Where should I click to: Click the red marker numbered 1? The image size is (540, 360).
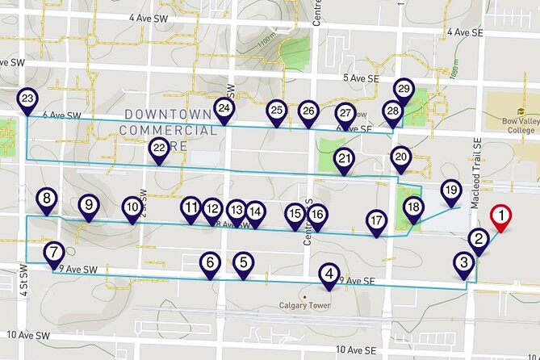[x=501, y=216]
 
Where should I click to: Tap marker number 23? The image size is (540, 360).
[x=27, y=99]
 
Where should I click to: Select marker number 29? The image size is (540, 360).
[x=404, y=88]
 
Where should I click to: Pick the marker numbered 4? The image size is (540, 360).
[x=329, y=274]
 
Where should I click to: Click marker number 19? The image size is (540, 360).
[x=450, y=190]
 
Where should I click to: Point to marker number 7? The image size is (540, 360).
[x=53, y=253]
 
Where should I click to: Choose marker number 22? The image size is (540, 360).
[x=159, y=148]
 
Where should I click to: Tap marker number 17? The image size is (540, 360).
[x=376, y=220]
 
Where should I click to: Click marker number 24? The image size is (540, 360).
[x=224, y=107]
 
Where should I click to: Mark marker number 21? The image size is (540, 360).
[x=345, y=158]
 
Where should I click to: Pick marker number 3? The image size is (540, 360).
[x=463, y=262]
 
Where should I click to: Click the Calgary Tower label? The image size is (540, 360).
[x=305, y=305]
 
